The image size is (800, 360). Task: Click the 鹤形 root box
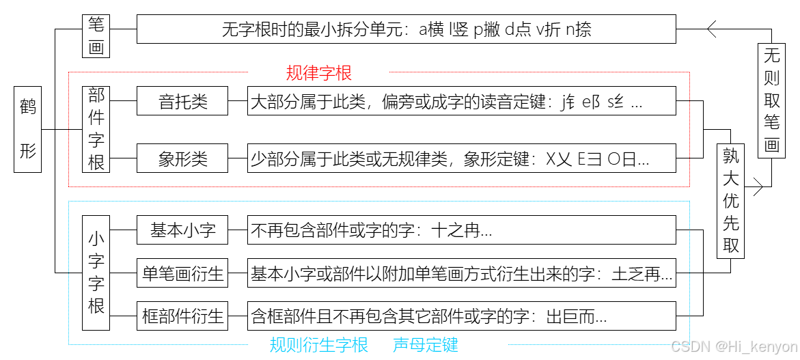pos(28,129)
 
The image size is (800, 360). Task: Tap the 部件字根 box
pos(96,129)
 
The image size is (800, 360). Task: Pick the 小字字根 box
pos(96,273)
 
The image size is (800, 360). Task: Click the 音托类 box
pos(182,102)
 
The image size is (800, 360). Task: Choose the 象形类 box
pos(182,160)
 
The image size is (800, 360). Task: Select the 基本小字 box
pos(182,230)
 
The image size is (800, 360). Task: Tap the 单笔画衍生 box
pos(182,273)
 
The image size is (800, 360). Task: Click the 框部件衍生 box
pos(182,316)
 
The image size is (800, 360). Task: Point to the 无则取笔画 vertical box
pos(771,100)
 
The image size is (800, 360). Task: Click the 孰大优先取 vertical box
pos(731,201)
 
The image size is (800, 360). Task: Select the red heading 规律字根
pos(319,73)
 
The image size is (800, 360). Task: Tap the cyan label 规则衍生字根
pos(319,345)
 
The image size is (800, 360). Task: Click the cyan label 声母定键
pos(425,345)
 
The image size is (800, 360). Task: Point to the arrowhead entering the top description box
pos(711,29)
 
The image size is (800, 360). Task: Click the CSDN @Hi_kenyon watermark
pos(734,347)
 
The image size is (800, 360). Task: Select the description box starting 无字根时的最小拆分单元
pos(406,29)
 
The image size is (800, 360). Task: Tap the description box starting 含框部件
pos(462,316)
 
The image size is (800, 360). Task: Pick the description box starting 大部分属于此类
pos(462,102)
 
